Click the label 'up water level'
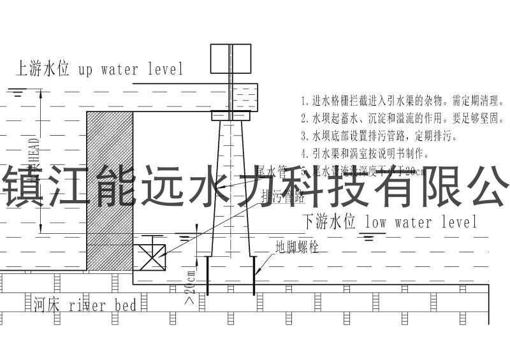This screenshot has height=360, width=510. click(x=131, y=69)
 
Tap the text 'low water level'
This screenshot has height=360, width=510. click(x=421, y=222)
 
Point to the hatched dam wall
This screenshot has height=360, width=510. click(x=110, y=191)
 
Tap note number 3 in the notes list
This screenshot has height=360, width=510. click(x=370, y=136)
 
